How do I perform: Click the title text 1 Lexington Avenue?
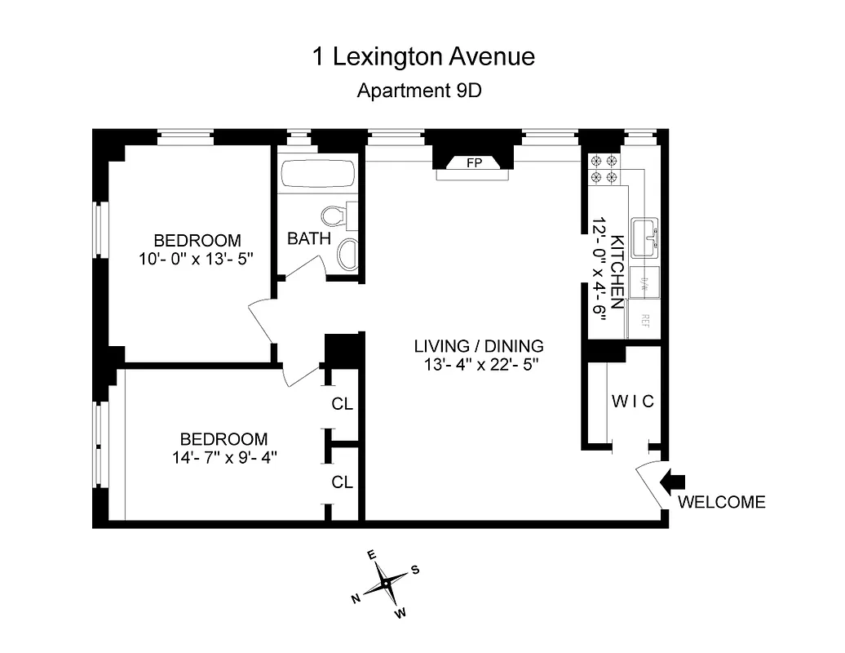tap(423, 56)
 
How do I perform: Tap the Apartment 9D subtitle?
tap(419, 91)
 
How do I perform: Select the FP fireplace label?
tap(474, 162)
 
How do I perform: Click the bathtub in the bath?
tap(318, 175)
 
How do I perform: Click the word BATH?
tap(309, 239)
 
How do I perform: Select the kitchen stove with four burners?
tap(604, 169)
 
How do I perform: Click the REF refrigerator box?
tap(644, 319)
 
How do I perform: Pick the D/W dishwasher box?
tap(644, 283)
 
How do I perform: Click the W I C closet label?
tap(633, 402)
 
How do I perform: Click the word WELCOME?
tap(722, 502)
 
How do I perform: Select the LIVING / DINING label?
tap(478, 345)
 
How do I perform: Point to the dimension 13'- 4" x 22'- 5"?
tap(478, 365)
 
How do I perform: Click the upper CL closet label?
tap(343, 404)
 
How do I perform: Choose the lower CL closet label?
tap(343, 482)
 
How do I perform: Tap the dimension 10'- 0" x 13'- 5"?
tap(197, 260)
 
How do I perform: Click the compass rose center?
tap(385, 584)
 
